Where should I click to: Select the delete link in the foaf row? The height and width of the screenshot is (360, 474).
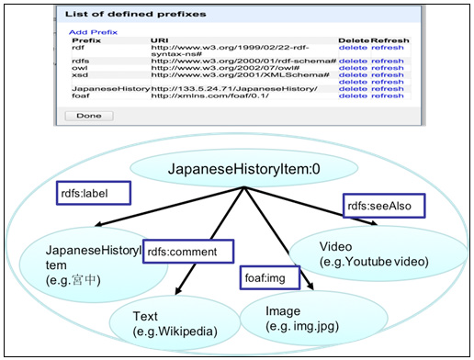point(352,96)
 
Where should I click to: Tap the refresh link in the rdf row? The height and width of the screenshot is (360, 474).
point(387,48)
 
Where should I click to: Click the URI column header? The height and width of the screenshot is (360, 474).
point(159,40)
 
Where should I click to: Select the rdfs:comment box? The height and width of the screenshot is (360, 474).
point(188,251)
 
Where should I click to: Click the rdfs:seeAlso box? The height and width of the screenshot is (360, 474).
point(378,207)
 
